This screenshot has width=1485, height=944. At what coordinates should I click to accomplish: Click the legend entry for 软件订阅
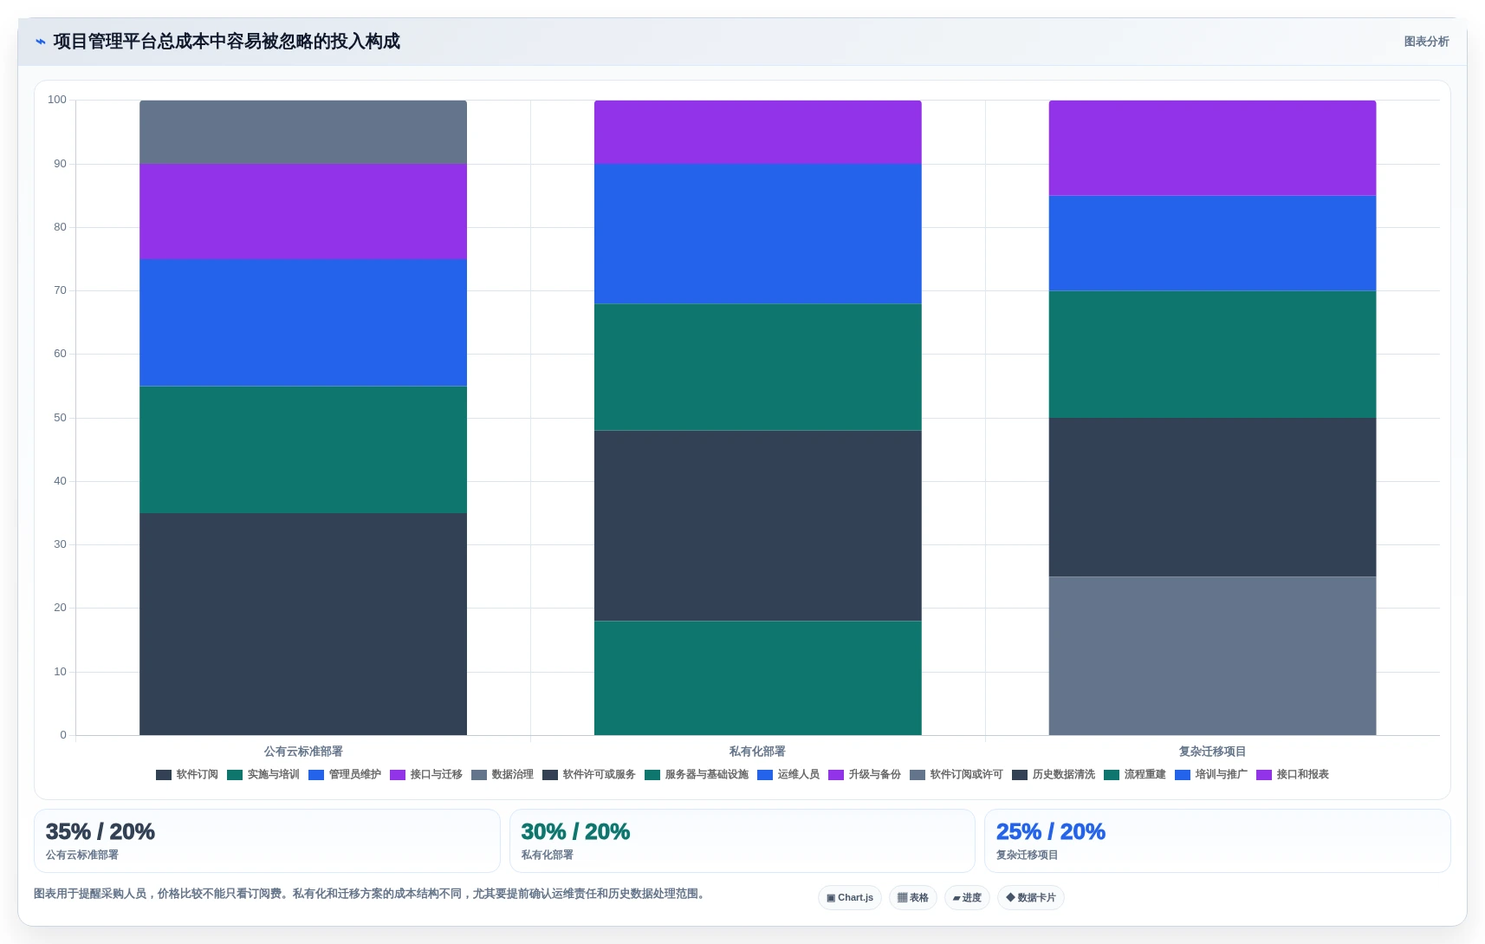click(x=187, y=774)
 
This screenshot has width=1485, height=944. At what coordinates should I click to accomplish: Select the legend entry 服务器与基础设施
click(x=696, y=774)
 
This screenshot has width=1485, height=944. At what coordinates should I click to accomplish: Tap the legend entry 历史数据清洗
click(x=1054, y=774)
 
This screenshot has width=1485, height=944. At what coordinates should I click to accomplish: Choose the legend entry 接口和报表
click(x=1293, y=774)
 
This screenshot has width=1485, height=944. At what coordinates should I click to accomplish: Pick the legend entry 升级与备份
click(x=865, y=774)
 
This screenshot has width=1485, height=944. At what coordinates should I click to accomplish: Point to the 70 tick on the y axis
click(x=61, y=290)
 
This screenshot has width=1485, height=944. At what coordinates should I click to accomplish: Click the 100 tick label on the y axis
click(x=57, y=100)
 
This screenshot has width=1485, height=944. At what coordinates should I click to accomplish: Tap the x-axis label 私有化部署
click(x=757, y=751)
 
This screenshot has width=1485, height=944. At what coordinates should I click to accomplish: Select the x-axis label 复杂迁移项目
click(x=1212, y=751)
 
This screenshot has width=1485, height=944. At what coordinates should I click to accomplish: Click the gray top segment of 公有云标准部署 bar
click(x=303, y=132)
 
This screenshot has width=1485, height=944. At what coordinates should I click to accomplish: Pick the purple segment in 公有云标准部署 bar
click(x=303, y=212)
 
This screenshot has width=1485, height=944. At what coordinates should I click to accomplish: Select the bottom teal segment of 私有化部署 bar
click(x=758, y=678)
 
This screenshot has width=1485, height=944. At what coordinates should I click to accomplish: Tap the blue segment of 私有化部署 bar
click(x=758, y=233)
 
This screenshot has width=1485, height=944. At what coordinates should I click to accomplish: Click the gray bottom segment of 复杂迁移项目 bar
click(x=1213, y=655)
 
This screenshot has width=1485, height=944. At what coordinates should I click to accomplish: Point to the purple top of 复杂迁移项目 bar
click(x=1213, y=148)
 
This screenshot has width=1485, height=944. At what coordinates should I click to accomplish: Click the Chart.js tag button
click(x=850, y=897)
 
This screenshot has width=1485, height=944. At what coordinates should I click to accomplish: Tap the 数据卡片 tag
click(x=1031, y=897)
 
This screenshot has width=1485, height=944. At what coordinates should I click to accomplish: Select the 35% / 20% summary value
click(x=101, y=831)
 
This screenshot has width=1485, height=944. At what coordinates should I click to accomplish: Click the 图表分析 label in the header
click(x=1426, y=41)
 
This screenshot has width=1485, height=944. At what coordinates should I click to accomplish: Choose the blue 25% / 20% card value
click(x=1051, y=831)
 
